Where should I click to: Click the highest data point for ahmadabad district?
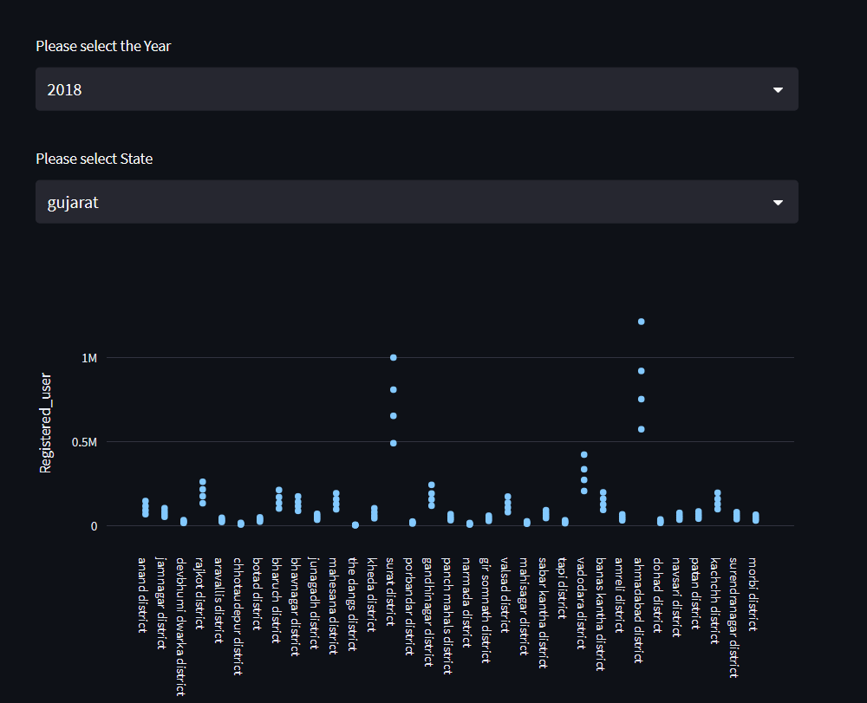[642, 322]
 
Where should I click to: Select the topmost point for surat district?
[394, 357]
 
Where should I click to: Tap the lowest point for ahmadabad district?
[642, 429]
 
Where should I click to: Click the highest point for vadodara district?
[584, 454]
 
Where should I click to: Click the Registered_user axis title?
[47, 424]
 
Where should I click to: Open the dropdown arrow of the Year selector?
[778, 89]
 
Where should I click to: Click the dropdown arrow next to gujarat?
[778, 202]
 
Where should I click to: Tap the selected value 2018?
[65, 89]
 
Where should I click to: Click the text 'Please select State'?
[95, 159]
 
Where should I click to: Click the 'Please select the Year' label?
[103, 46]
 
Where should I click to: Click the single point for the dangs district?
[355, 525]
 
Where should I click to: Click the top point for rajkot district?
[203, 482]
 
